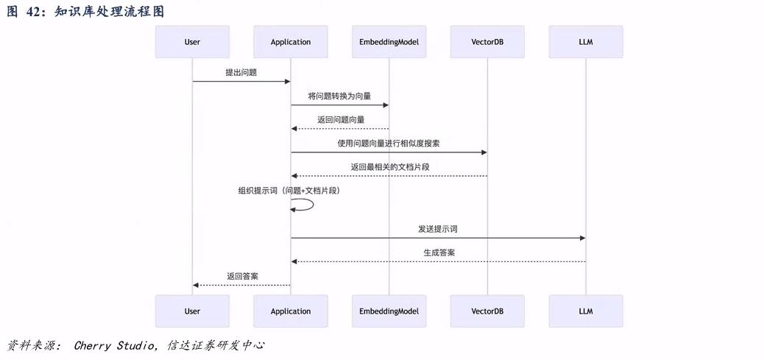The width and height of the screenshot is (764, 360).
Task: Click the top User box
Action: coord(192,42)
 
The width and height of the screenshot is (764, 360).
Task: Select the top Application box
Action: coord(291,42)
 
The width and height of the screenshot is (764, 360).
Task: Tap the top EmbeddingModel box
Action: coord(389,42)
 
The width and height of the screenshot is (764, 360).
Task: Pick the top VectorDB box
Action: coord(487,42)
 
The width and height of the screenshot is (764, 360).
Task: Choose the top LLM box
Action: coord(586,42)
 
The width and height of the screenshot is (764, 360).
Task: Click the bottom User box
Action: coord(192,311)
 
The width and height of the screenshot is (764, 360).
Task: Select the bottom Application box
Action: coord(291,311)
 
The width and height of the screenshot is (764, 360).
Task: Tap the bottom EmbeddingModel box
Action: coord(389,311)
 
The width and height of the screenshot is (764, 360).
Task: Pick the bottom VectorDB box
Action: coord(487,311)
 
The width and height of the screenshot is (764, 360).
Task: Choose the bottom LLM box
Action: coord(586,311)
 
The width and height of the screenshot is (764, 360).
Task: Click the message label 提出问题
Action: coord(241,72)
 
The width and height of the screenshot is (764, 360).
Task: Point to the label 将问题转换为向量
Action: coord(339,96)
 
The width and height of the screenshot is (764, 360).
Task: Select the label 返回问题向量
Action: coord(341,119)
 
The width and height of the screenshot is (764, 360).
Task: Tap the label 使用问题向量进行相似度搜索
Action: coord(389,143)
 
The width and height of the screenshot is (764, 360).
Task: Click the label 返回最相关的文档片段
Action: coord(390,166)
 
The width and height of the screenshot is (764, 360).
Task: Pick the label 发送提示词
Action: coord(438,229)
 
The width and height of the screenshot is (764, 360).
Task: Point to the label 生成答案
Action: coord(439,253)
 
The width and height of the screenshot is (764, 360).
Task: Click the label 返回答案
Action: coord(242,276)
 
